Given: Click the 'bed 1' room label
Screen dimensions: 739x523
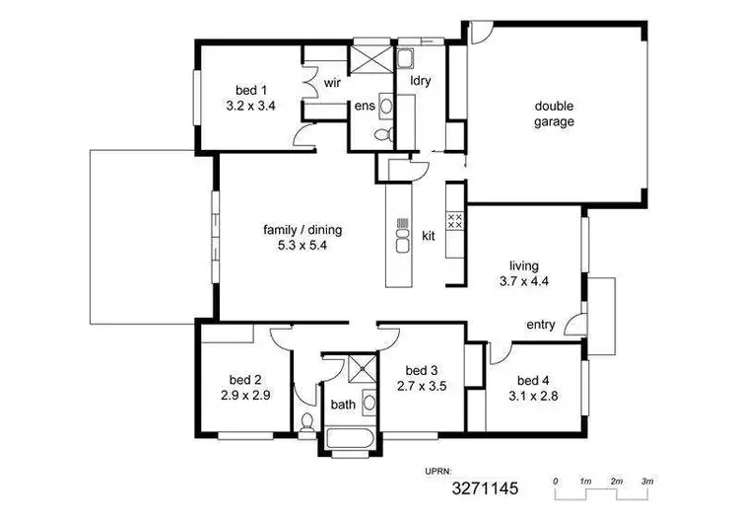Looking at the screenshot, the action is pyautogui.click(x=251, y=90).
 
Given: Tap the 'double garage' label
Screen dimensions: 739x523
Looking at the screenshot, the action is pyautogui.click(x=554, y=113).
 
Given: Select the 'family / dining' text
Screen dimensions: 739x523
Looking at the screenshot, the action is pyautogui.click(x=302, y=230).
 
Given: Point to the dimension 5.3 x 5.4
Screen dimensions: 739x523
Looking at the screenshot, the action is pyautogui.click(x=302, y=246).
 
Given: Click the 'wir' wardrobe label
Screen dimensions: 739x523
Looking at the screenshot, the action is pyautogui.click(x=332, y=83).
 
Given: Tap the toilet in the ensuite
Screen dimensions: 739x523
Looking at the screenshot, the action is pyautogui.click(x=383, y=134).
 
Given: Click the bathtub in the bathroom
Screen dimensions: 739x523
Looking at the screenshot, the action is pyautogui.click(x=350, y=438).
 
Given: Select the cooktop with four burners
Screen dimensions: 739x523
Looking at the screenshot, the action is pyautogui.click(x=455, y=221).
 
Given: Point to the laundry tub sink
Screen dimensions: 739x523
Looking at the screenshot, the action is pyautogui.click(x=404, y=59).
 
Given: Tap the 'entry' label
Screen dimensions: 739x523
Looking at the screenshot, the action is pyautogui.click(x=541, y=325).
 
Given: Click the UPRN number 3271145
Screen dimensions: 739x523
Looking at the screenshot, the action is pyautogui.click(x=485, y=488).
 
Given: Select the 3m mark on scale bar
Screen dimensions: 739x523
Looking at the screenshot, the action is pyautogui.click(x=647, y=482).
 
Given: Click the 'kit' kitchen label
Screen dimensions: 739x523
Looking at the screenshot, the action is pyautogui.click(x=429, y=236).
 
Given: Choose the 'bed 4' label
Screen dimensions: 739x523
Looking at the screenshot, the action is pyautogui.click(x=533, y=381).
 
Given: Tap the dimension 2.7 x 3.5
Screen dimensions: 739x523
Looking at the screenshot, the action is pyautogui.click(x=422, y=386).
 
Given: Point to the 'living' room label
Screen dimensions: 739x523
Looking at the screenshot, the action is pyautogui.click(x=523, y=266).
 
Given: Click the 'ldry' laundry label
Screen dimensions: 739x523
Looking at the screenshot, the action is pyautogui.click(x=421, y=81).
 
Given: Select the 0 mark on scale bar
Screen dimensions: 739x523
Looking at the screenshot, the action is pyautogui.click(x=556, y=482).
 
